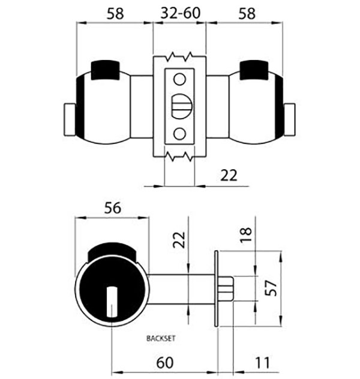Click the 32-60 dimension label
(181, 13)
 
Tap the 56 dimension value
(112, 208)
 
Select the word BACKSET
(161, 338)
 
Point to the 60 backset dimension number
(165, 363)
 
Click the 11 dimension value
(262, 363)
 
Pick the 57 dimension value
(271, 288)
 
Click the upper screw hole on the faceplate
(179, 79)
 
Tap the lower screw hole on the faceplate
(179, 134)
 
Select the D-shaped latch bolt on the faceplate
(182, 106)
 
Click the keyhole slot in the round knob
(112, 302)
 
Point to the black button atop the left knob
(105, 70)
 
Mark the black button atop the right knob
(254, 70)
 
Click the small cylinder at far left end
(70, 120)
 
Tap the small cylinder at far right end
(289, 120)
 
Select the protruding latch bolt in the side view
(226, 288)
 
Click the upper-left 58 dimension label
(115, 14)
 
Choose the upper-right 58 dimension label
(247, 14)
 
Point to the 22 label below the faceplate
(229, 176)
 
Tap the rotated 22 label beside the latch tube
(179, 240)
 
